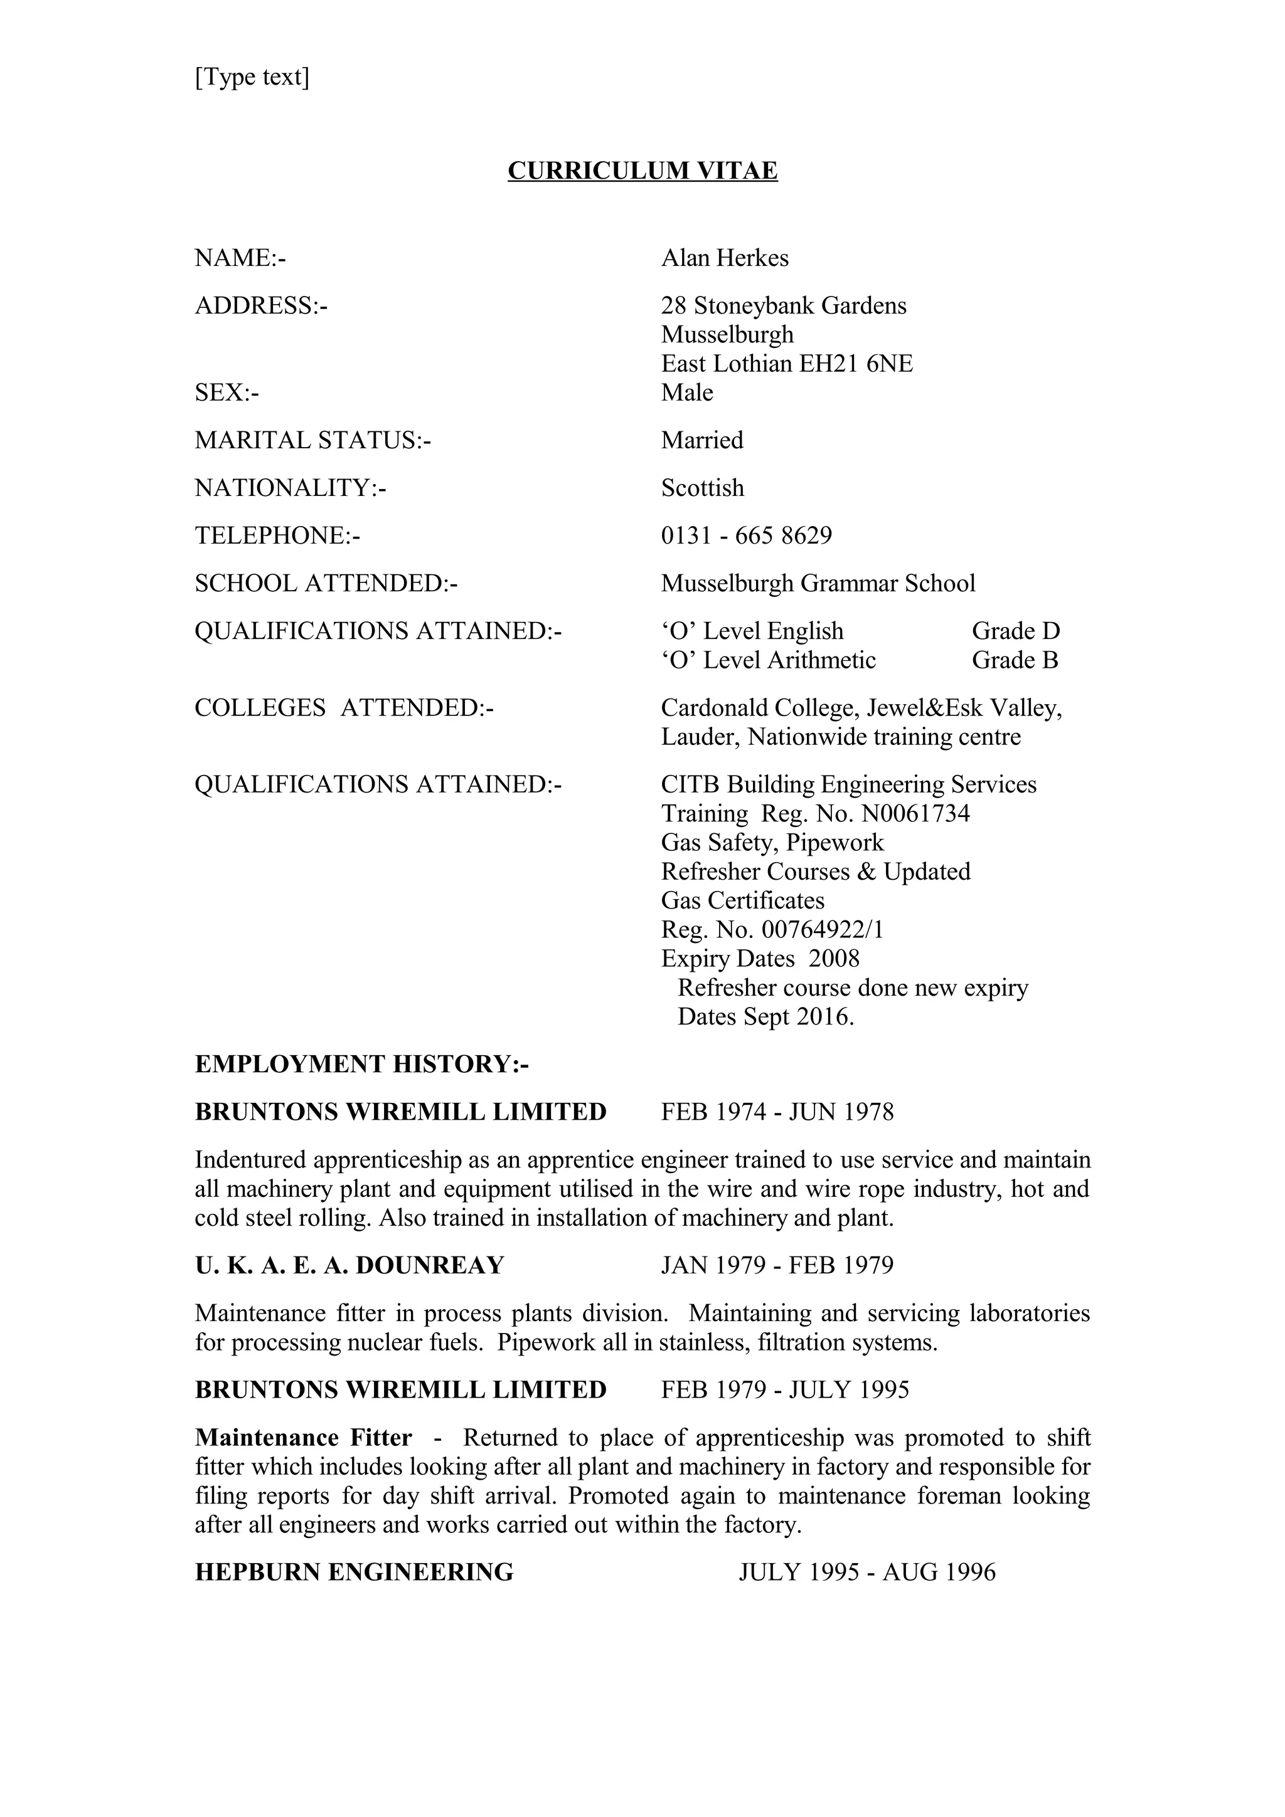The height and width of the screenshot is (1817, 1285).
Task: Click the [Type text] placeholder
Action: (252, 76)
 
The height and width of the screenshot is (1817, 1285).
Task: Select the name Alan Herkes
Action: (725, 258)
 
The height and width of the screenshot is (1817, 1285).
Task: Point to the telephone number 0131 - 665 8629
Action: (747, 536)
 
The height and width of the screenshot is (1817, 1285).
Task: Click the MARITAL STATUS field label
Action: (312, 440)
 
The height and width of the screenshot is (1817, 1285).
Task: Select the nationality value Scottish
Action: (702, 488)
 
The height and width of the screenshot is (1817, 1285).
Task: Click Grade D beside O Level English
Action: (1015, 631)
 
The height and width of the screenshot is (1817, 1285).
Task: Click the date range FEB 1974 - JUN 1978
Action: (777, 1112)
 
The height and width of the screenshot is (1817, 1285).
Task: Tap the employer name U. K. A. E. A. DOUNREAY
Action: (349, 1265)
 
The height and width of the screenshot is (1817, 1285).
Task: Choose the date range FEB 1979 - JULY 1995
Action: (785, 1389)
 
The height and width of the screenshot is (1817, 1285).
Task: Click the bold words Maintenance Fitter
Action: (303, 1437)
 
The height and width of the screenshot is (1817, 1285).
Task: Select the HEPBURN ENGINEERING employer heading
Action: (354, 1572)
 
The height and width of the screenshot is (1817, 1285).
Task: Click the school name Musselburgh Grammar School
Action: (818, 583)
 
